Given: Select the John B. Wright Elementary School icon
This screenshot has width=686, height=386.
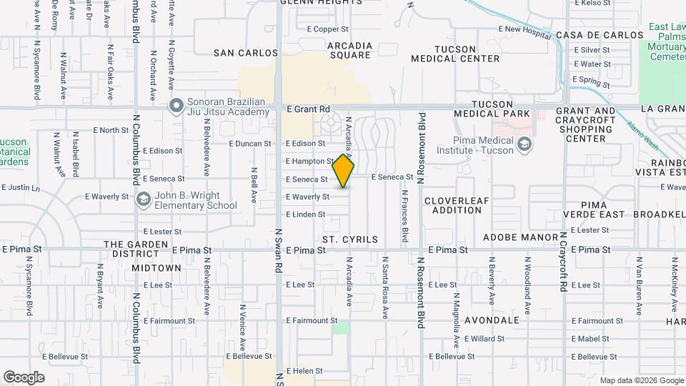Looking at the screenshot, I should click(x=143, y=199).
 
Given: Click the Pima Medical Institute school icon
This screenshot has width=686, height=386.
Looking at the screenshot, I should click(x=525, y=145).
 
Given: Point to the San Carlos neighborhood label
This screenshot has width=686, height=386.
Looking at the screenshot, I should click(x=246, y=53).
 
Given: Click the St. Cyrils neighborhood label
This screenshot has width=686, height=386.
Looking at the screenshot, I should click(x=349, y=239).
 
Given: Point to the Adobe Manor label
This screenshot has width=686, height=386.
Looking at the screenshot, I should click(x=520, y=237).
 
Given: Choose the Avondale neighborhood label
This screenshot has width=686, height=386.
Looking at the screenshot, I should click(x=492, y=320).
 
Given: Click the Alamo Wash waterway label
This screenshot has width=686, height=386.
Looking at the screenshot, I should click(x=644, y=131).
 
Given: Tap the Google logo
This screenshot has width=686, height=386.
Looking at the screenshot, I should click(x=24, y=377).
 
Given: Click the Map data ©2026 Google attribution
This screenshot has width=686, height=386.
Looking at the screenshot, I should click(x=641, y=380).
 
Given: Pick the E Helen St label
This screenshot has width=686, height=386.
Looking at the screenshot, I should click(x=305, y=371).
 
